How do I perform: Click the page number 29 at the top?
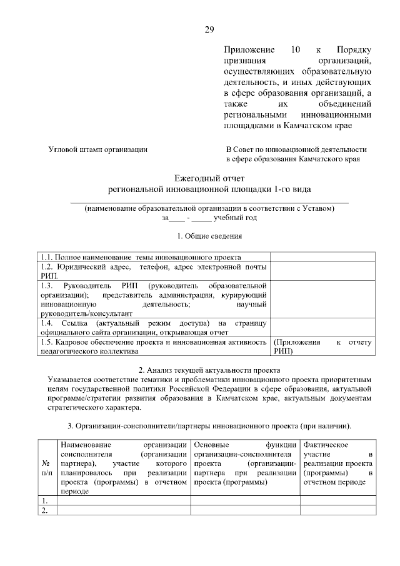(x=209, y=30)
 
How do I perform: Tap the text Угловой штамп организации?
(x=98, y=150)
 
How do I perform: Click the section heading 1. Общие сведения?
(x=209, y=236)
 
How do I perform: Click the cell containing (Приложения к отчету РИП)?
(x=322, y=347)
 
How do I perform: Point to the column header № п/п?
(x=46, y=468)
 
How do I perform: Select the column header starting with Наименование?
(x=124, y=468)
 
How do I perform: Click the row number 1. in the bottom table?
(x=45, y=501)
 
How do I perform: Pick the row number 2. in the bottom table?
(x=45, y=510)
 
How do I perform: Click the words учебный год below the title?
(x=235, y=218)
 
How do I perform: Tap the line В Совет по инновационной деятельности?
(x=296, y=150)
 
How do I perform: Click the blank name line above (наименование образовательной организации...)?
(x=209, y=202)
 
